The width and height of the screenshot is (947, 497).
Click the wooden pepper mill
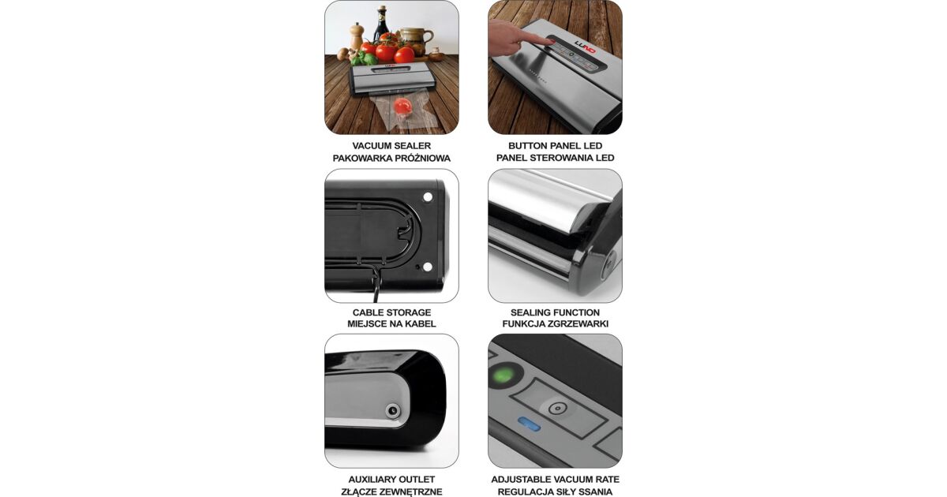pos(357,36)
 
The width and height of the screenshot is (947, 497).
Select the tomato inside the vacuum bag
pos(104,105)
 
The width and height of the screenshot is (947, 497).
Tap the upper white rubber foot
pos(428,197)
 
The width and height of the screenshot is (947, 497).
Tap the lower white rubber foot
pos(428,267)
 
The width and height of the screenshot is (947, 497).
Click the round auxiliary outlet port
pos(392,410)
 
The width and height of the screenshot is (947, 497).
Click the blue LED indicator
pos(529,424)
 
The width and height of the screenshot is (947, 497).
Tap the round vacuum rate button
pos(557,409)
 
